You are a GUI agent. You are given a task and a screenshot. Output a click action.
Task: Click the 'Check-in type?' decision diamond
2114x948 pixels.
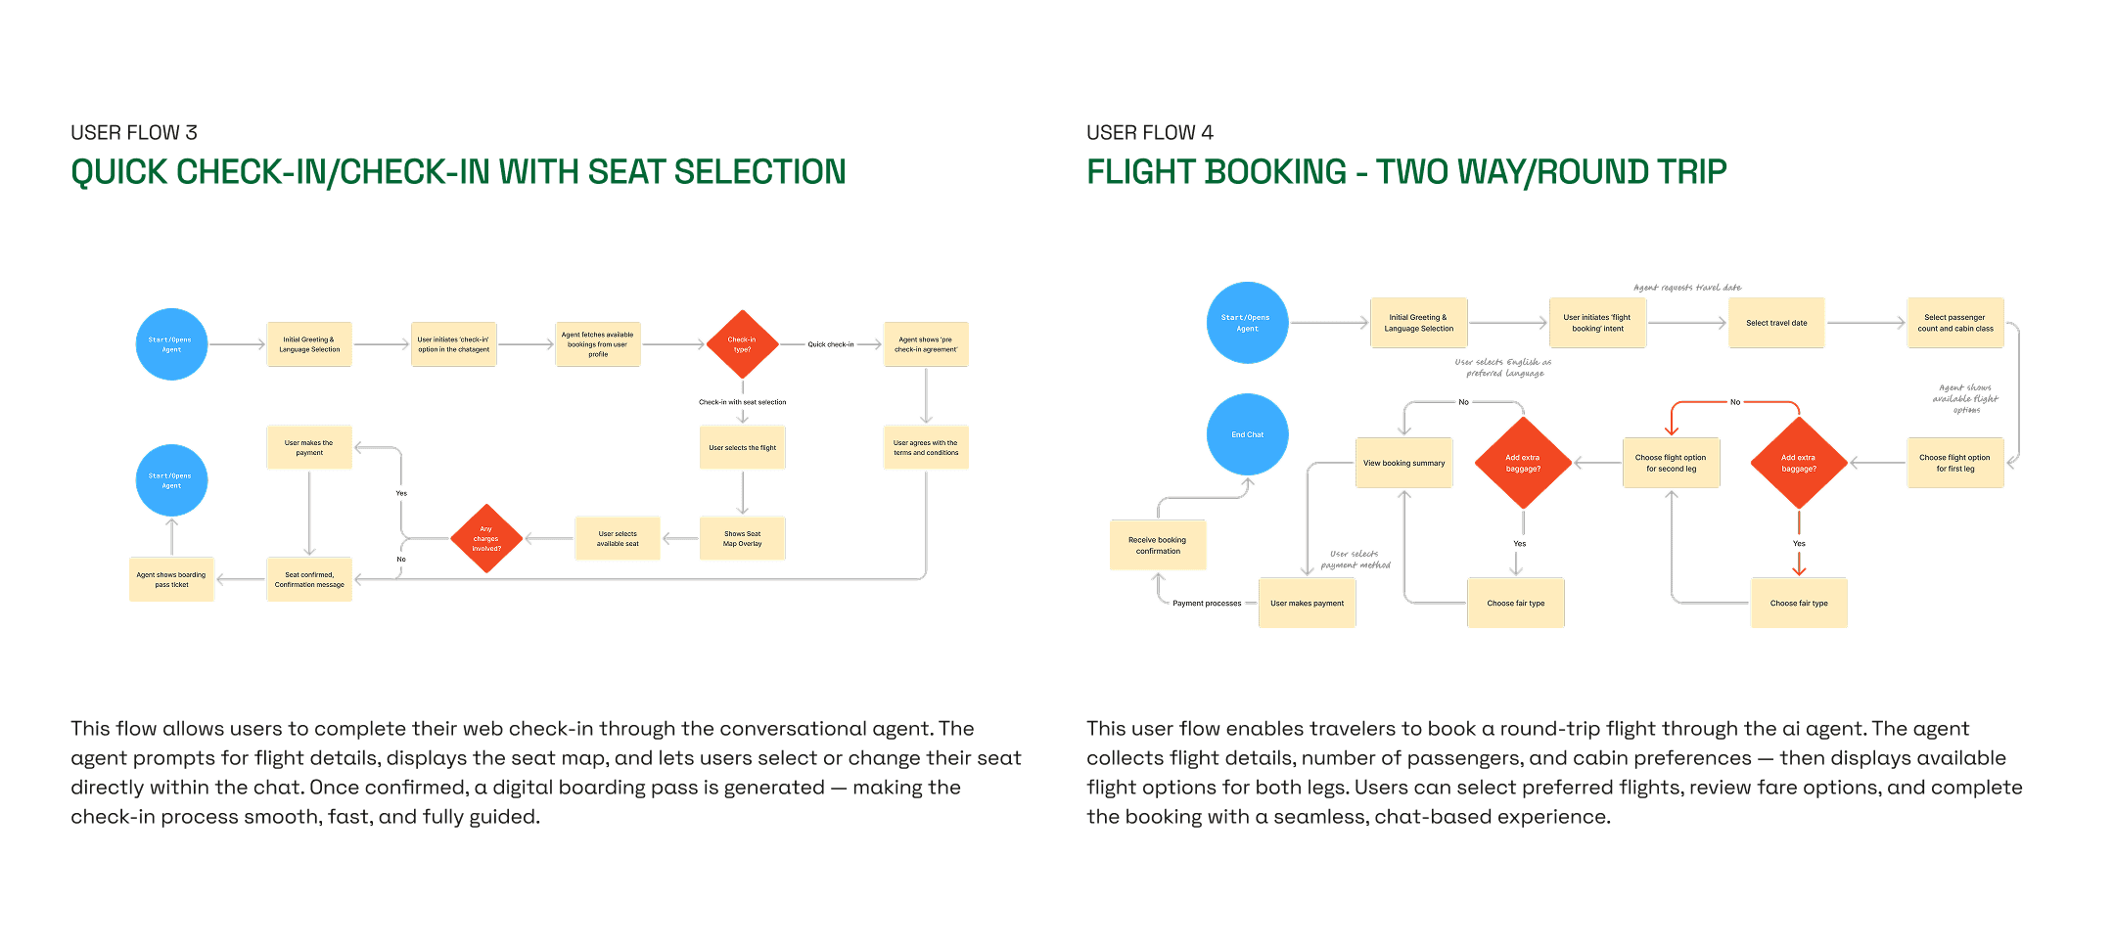point(742,344)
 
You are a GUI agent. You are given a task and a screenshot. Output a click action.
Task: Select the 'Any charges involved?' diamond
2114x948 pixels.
point(486,539)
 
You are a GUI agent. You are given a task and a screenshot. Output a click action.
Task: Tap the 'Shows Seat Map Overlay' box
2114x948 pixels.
point(742,539)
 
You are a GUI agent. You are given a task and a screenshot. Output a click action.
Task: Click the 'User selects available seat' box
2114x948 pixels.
point(618,539)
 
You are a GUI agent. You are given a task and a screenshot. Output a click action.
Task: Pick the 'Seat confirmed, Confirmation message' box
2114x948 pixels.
point(309,579)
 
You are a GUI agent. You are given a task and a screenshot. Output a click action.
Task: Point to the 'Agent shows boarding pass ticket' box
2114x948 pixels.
point(171,579)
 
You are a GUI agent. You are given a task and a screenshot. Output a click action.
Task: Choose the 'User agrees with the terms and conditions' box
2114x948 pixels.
point(926,447)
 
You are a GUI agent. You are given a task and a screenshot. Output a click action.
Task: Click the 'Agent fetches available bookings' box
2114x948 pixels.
point(598,344)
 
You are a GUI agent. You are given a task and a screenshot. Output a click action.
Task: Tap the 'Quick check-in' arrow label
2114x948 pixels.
point(831,344)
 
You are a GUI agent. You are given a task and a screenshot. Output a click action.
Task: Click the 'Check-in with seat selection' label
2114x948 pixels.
point(742,402)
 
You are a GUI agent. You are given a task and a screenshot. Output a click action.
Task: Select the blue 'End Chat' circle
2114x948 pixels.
point(1247,434)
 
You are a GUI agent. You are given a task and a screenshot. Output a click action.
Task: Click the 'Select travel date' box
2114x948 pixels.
point(1776,323)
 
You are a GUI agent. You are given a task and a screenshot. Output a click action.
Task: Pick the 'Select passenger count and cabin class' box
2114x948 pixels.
point(1955,323)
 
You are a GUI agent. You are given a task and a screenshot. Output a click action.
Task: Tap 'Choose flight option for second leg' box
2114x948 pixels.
point(1671,463)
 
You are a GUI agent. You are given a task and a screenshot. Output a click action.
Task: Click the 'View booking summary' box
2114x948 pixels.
point(1403,463)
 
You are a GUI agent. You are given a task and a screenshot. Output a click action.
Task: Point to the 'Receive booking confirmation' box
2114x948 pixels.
point(1158,545)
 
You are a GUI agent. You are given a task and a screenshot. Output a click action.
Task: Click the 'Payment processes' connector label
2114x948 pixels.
point(1207,604)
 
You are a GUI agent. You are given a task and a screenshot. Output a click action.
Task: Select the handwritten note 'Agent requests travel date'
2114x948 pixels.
point(1687,288)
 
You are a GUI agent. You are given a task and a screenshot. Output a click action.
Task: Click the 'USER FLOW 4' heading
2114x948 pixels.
point(1150,133)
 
